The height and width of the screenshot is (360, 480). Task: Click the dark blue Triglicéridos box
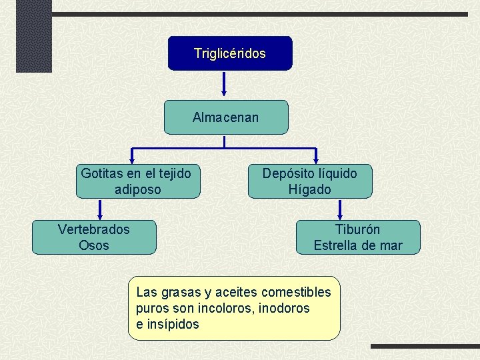click(x=229, y=53)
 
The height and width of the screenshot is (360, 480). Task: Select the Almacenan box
click(x=226, y=117)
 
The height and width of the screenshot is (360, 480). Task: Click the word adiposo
click(x=137, y=189)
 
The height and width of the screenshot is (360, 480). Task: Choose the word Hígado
click(x=309, y=189)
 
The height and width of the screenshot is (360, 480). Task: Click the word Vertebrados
click(x=94, y=229)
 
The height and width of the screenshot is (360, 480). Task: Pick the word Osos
click(x=93, y=245)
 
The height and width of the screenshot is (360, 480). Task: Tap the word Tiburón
click(x=357, y=229)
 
